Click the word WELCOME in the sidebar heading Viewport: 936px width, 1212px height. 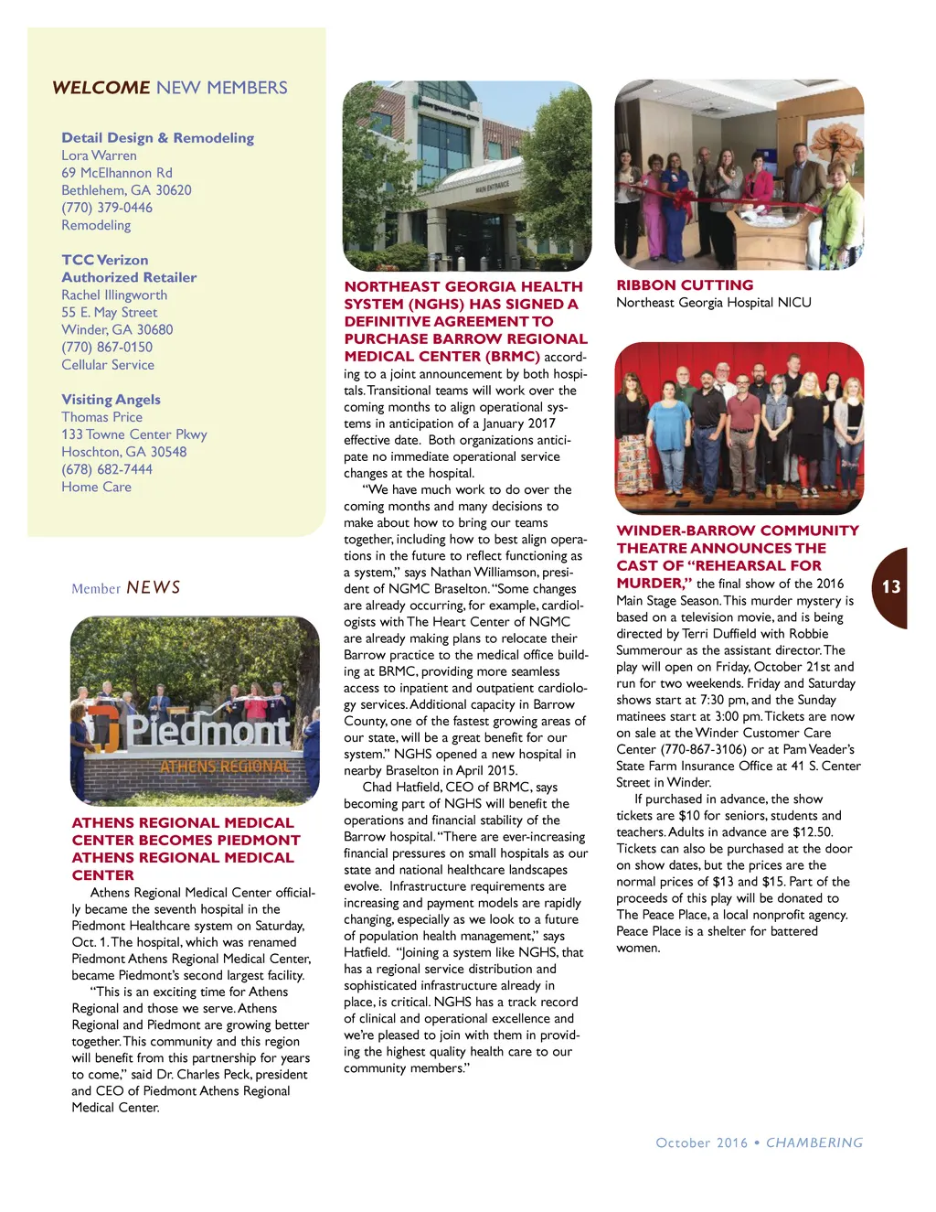click(x=101, y=88)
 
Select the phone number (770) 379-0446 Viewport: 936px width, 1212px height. click(x=107, y=208)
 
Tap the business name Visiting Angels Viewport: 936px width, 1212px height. click(x=111, y=400)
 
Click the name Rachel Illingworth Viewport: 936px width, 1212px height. click(x=114, y=295)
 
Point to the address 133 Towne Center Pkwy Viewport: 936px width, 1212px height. click(x=134, y=434)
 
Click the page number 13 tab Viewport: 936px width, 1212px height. click(x=891, y=587)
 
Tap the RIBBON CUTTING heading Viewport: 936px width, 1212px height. click(x=685, y=285)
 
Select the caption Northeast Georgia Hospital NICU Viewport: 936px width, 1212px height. click(x=713, y=303)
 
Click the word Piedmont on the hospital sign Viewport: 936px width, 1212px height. click(x=208, y=732)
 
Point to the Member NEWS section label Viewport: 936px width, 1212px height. click(x=126, y=587)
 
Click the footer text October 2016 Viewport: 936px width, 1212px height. click(x=701, y=1142)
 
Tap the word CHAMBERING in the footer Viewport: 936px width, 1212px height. click(x=814, y=1142)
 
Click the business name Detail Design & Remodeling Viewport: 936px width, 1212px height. click(x=157, y=138)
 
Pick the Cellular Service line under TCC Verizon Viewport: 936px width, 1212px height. click(x=108, y=365)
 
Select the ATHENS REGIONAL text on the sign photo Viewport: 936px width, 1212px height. click(x=225, y=767)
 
